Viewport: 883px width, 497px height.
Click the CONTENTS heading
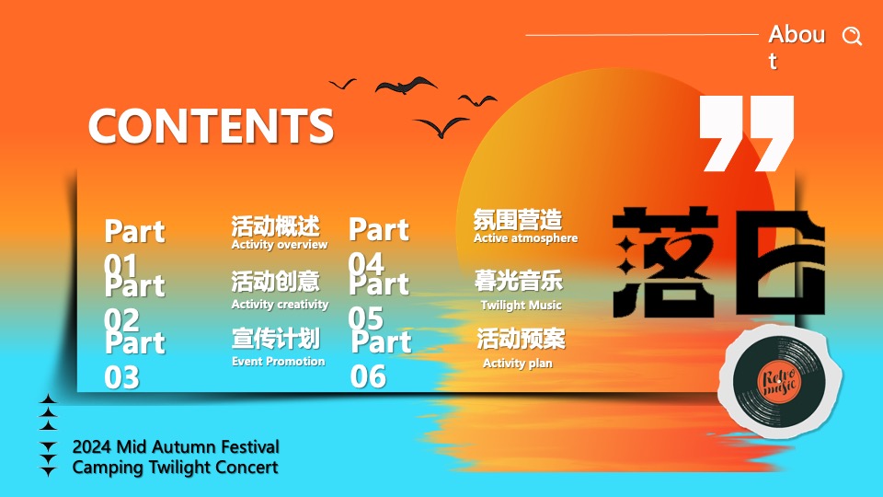point(211,126)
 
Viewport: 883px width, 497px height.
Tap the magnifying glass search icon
point(853,37)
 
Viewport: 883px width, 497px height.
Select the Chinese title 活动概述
point(276,225)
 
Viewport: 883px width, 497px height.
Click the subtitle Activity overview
point(280,245)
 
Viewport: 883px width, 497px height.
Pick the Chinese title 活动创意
point(276,282)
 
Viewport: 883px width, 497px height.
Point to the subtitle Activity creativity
point(280,305)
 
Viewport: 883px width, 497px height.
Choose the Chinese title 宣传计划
point(276,339)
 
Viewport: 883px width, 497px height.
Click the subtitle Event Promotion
point(278,362)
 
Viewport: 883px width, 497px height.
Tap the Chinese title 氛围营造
point(518,220)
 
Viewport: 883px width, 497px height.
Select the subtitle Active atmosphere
point(525,238)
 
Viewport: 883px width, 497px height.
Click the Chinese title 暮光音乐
point(519,281)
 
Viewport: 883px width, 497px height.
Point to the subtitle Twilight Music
point(521,305)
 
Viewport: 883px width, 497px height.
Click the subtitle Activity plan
point(518,364)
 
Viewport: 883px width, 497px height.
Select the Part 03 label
point(134,359)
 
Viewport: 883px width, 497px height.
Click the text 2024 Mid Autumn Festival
point(176,447)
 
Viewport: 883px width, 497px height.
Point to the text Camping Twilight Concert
point(175,468)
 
